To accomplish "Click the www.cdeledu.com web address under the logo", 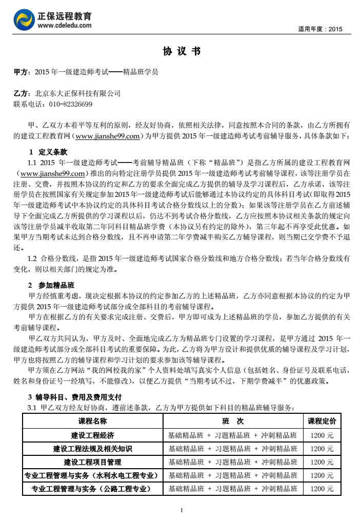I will pyautogui.click(x=65, y=25).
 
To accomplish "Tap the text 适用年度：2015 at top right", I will pyautogui.click(x=319, y=29).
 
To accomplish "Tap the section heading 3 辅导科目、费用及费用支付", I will pyautogui.click(x=74, y=397).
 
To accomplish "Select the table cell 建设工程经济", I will pyautogui.click(x=92, y=435).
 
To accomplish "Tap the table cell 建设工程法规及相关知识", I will pyautogui.click(x=92, y=449).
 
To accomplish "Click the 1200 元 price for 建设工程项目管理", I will pyautogui.click(x=322, y=462).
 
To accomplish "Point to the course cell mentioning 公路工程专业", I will pyautogui.click(x=92, y=489).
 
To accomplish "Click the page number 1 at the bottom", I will pyautogui.click(x=182, y=510).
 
